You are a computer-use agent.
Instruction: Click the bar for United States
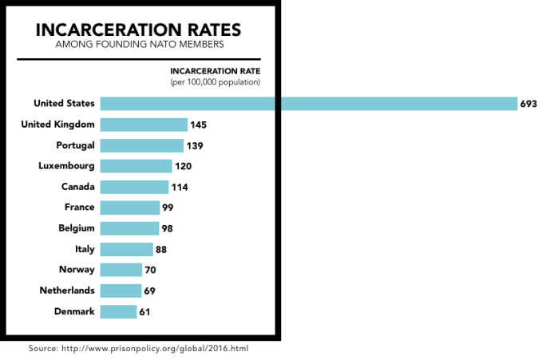coord(308,104)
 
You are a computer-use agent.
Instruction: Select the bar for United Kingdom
coord(144,125)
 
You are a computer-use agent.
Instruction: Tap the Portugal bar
coord(141,145)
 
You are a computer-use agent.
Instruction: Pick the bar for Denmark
coord(119,311)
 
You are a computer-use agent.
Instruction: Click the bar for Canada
coord(134,187)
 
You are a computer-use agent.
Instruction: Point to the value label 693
coord(528,105)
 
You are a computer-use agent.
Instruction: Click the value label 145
coord(200,125)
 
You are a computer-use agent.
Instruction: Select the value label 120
coord(184,166)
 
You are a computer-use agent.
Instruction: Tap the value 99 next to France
coord(167,208)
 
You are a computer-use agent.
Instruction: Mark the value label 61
coord(144,311)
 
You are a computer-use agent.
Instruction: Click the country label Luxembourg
coord(66,166)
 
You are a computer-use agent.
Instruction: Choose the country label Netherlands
coord(67,291)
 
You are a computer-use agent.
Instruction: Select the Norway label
coord(77,270)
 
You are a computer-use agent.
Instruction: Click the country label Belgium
coord(76,228)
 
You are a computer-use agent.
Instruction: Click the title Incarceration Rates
coord(139,31)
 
